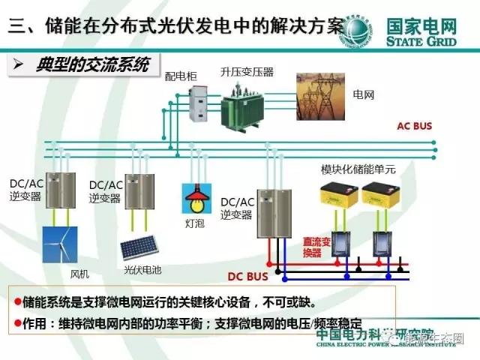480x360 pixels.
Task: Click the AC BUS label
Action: pos(414,126)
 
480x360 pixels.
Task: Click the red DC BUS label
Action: pos(247,275)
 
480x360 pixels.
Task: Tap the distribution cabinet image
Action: pos(199,103)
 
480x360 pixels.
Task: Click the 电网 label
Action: pos(364,96)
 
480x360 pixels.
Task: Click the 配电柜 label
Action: pos(178,77)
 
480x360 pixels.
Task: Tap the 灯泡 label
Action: pos(193,223)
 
